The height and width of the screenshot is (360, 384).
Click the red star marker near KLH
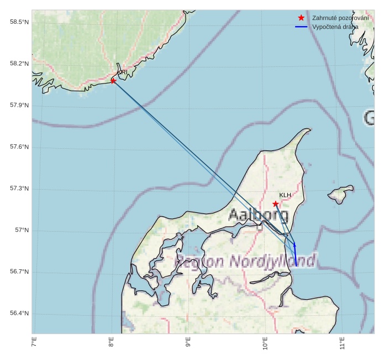click(x=276, y=204)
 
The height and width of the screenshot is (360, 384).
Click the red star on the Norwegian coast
click(x=113, y=81)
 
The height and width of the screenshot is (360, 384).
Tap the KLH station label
click(x=285, y=195)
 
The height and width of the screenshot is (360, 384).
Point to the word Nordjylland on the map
click(x=273, y=260)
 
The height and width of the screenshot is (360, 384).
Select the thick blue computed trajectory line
click(x=296, y=254)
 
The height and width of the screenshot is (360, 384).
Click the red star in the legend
click(x=301, y=18)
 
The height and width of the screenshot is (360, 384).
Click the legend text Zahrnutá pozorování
click(x=333, y=18)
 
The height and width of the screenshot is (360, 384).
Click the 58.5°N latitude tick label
click(x=19, y=22)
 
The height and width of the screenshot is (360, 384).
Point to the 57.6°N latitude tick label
click(x=19, y=147)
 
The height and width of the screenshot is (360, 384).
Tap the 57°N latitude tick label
click(x=22, y=231)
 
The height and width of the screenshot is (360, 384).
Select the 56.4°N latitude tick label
click(x=19, y=314)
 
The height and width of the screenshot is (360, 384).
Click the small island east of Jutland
click(x=340, y=193)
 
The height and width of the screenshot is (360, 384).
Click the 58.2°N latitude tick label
click(x=19, y=64)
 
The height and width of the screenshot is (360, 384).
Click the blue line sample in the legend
click(x=301, y=27)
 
